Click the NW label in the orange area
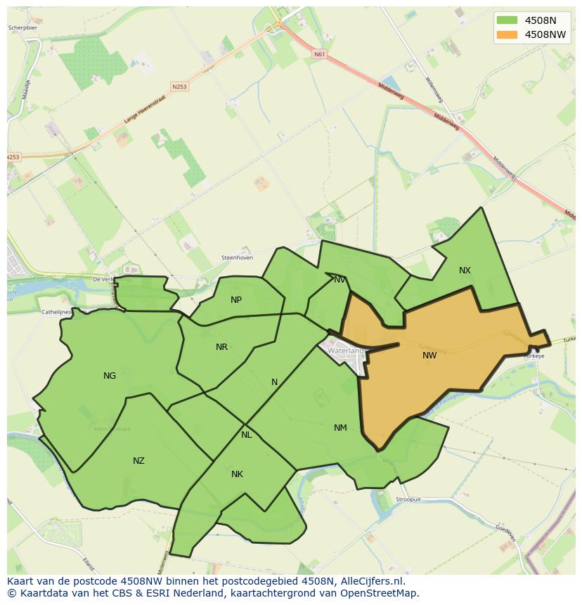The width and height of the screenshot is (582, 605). [429, 356]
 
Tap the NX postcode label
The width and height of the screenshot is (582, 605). [465, 271]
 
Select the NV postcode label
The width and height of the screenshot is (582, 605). [340, 280]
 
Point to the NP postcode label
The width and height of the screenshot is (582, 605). [236, 300]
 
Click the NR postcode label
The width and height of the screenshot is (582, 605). [221, 347]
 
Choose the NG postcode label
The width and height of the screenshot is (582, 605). [110, 376]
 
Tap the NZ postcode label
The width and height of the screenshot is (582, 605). [138, 461]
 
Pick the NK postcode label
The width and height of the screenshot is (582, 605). [237, 474]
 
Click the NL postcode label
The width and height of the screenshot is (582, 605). [246, 435]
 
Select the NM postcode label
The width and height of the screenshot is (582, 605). [340, 428]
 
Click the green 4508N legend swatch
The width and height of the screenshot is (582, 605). [506, 20]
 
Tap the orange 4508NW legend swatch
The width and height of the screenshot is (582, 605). [506, 34]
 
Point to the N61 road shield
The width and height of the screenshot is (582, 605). [320, 54]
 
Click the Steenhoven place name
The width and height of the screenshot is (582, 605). [237, 258]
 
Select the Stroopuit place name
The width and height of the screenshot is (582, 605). [408, 500]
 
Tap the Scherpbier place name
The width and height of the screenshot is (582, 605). [22, 28]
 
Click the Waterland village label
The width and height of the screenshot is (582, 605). [346, 350]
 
